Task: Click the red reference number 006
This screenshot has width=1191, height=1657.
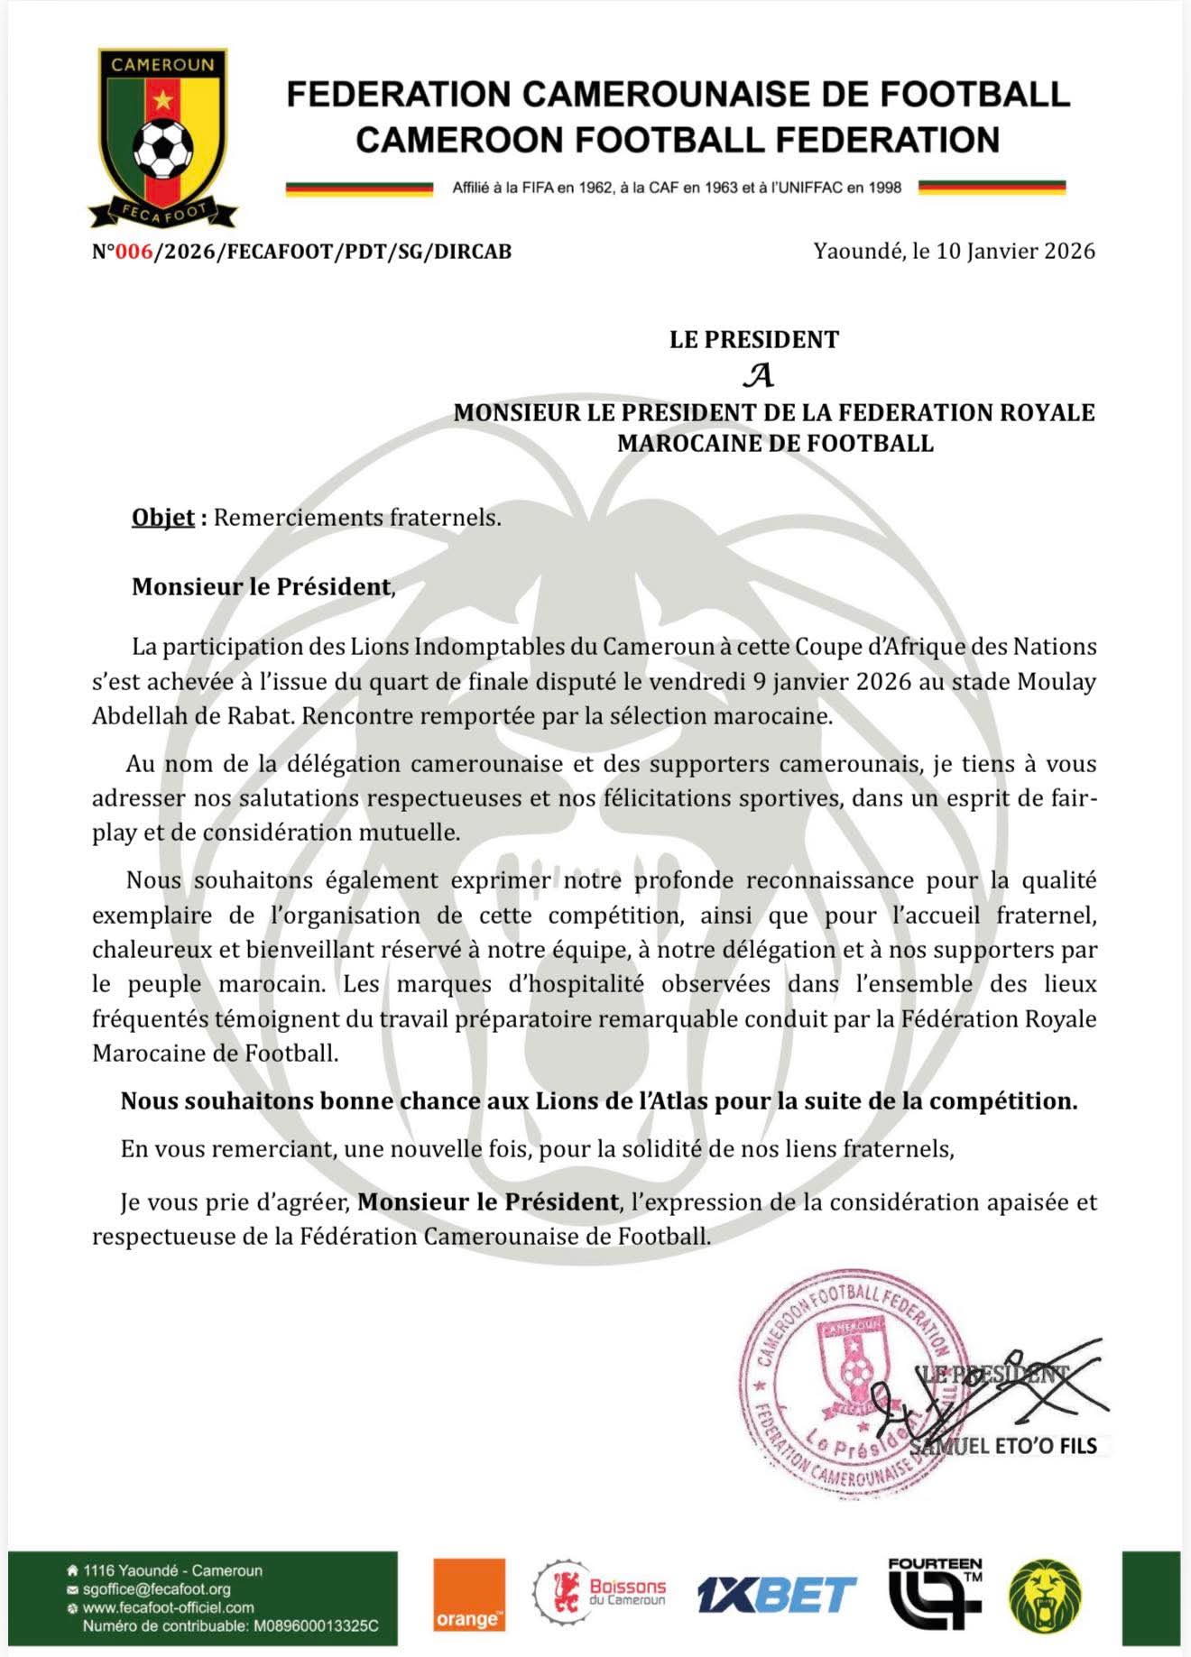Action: (134, 252)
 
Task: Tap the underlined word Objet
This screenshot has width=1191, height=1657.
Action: (163, 518)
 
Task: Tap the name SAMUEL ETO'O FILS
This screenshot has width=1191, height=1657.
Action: (1005, 1446)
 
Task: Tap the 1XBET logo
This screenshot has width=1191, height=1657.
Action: (776, 1595)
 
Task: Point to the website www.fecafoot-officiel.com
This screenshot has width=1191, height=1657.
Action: (169, 1607)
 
